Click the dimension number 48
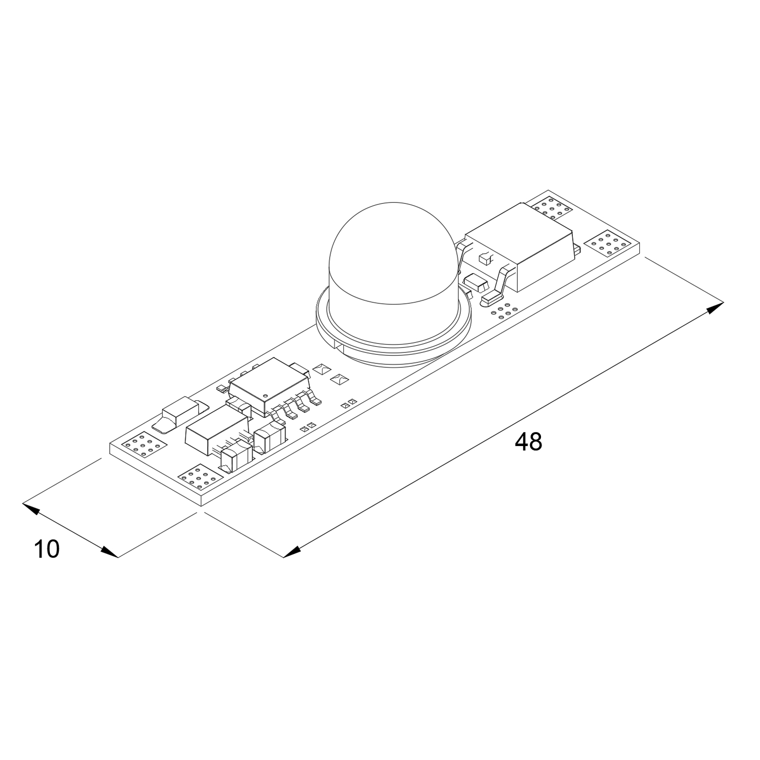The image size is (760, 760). (528, 442)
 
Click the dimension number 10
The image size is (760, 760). (47, 550)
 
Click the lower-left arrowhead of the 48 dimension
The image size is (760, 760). (292, 552)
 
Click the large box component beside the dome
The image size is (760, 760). (520, 247)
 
